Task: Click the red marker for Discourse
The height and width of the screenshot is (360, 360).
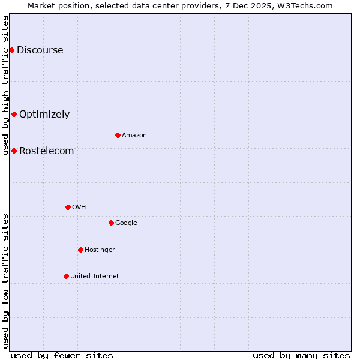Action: (x=11, y=50)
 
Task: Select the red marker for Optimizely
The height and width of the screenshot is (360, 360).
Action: (x=14, y=114)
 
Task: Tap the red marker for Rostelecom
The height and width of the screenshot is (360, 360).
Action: (x=14, y=151)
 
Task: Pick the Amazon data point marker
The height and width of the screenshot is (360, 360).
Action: (x=118, y=135)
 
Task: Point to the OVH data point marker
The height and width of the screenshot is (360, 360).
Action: (x=68, y=207)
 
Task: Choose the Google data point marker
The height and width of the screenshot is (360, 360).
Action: (x=111, y=223)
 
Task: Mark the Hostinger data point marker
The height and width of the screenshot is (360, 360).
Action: (x=80, y=250)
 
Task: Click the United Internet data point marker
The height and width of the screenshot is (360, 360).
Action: (x=66, y=276)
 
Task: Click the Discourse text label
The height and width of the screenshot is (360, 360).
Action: (x=40, y=50)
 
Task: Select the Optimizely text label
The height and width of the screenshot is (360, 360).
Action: (x=44, y=115)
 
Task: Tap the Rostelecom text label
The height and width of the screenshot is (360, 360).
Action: (x=46, y=151)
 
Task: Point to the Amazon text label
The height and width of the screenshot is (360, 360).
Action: (x=134, y=136)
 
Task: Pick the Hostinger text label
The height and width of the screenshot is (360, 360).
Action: (x=100, y=250)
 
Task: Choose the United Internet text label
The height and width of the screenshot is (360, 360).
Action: (x=94, y=277)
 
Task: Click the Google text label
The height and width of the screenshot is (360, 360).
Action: (x=126, y=223)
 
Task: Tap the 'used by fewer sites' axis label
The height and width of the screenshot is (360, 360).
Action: (x=62, y=355)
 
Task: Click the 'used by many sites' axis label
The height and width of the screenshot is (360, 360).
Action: (x=301, y=355)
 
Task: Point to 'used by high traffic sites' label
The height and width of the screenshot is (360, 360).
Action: (x=5, y=85)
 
